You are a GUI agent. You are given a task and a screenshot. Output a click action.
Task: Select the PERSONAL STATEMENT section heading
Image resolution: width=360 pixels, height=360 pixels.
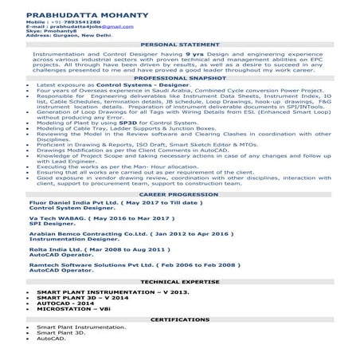(x=179, y=43)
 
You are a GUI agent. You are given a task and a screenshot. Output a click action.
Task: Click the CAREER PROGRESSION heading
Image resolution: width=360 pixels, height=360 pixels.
(x=179, y=216)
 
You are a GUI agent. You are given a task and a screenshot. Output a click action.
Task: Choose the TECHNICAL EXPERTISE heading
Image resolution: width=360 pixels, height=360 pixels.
(x=179, y=281)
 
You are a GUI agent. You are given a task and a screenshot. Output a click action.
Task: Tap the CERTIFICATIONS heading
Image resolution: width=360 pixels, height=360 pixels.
(x=179, y=319)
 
